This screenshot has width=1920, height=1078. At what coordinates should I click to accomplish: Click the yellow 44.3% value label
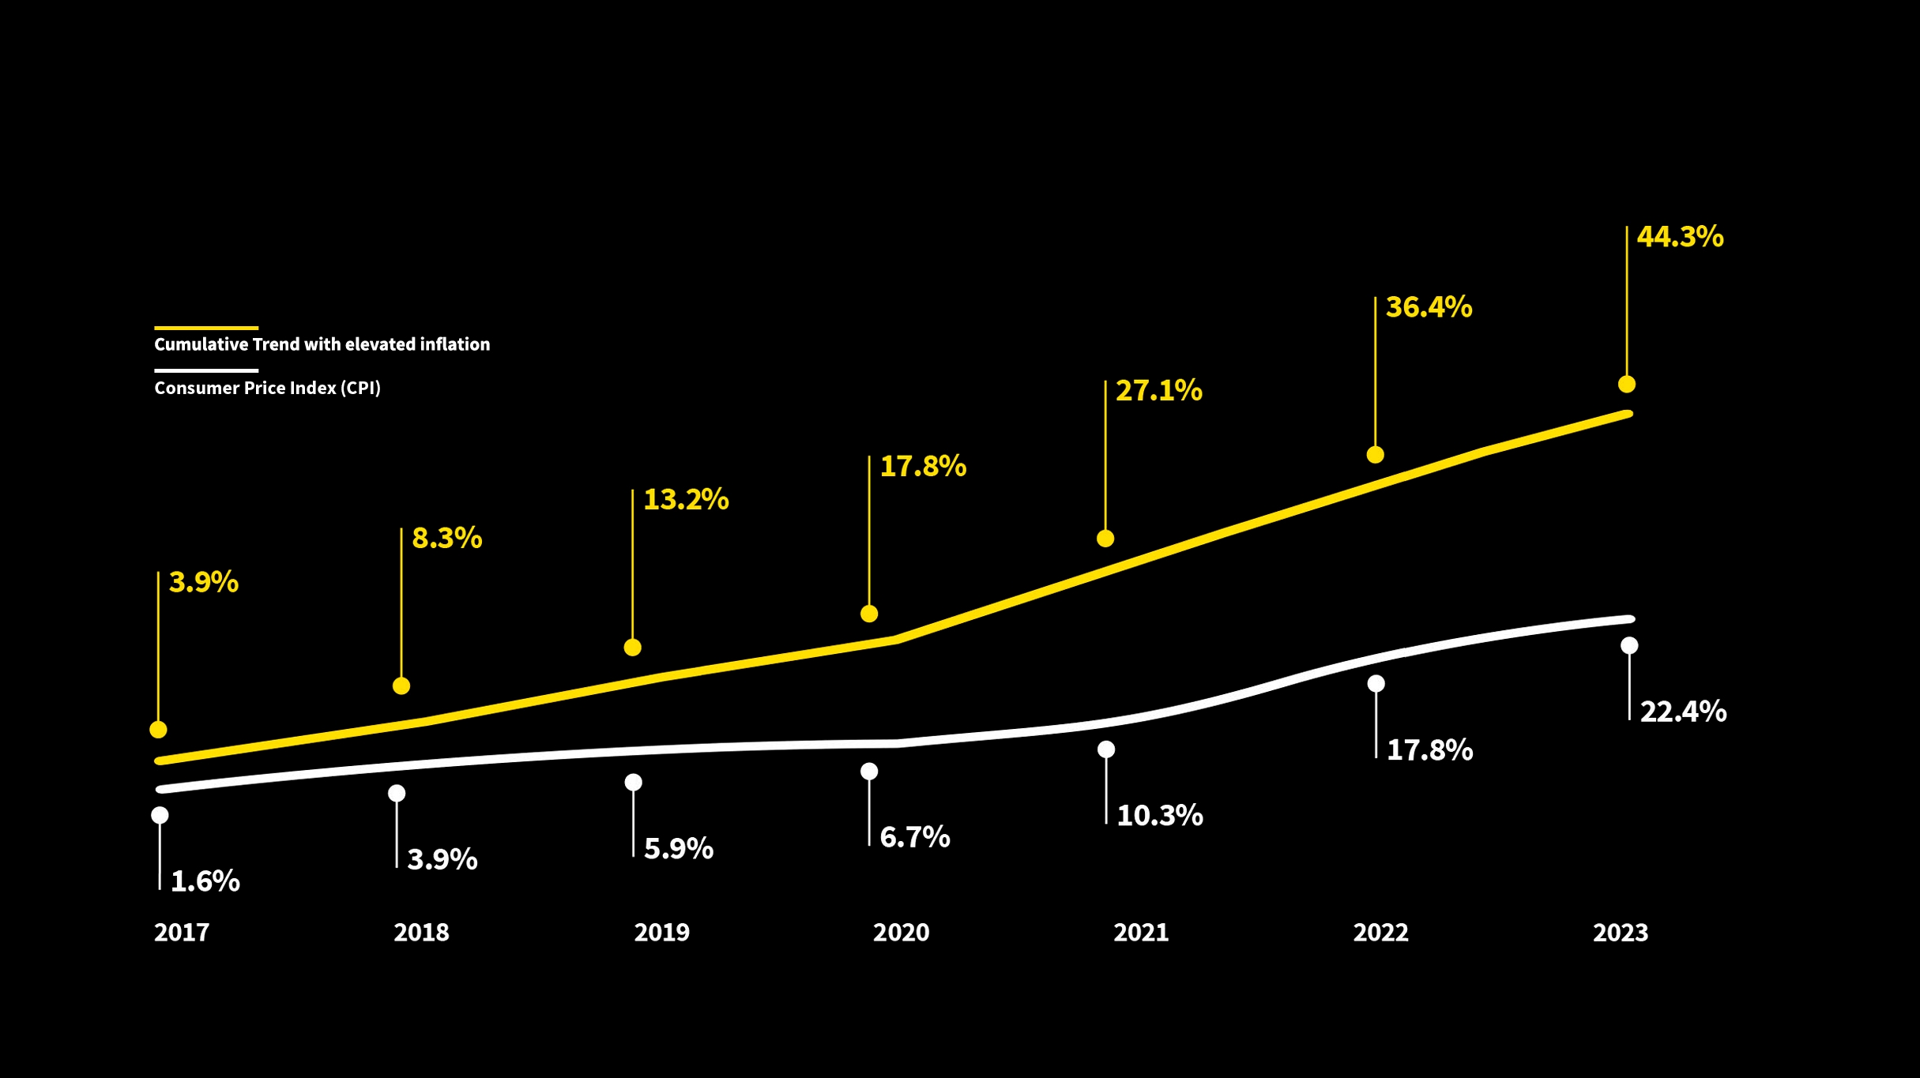point(1680,237)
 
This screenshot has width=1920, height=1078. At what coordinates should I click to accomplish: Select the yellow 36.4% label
point(1429,307)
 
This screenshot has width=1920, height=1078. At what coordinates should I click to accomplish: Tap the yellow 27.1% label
point(1158,391)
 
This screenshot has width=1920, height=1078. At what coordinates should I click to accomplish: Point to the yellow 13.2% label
point(686,500)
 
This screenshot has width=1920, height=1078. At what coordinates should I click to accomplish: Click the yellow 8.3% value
point(446,539)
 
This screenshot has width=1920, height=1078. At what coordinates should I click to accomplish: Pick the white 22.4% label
point(1683,712)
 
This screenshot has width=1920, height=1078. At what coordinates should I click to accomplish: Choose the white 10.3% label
point(1159,816)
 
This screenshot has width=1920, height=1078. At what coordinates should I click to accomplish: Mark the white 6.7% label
point(914,838)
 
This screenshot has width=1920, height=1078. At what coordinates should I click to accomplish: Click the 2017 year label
point(182,933)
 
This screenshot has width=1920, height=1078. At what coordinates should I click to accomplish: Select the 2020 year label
point(901,933)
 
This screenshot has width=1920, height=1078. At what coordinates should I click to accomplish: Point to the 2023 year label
point(1620,933)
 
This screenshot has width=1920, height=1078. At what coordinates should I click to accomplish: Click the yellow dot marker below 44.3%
point(1626,385)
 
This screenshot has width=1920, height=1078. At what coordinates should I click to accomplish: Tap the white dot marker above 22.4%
point(1629,646)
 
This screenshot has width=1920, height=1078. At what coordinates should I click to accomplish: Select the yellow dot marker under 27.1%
point(1105,539)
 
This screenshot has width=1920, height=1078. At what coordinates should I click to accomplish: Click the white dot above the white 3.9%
point(397,793)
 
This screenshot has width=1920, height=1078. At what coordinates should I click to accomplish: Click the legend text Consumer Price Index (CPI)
point(267,389)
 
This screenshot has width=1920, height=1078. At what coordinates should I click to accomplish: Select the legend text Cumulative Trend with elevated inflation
point(322,344)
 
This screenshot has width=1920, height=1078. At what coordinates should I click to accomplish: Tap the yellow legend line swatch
point(206,328)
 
